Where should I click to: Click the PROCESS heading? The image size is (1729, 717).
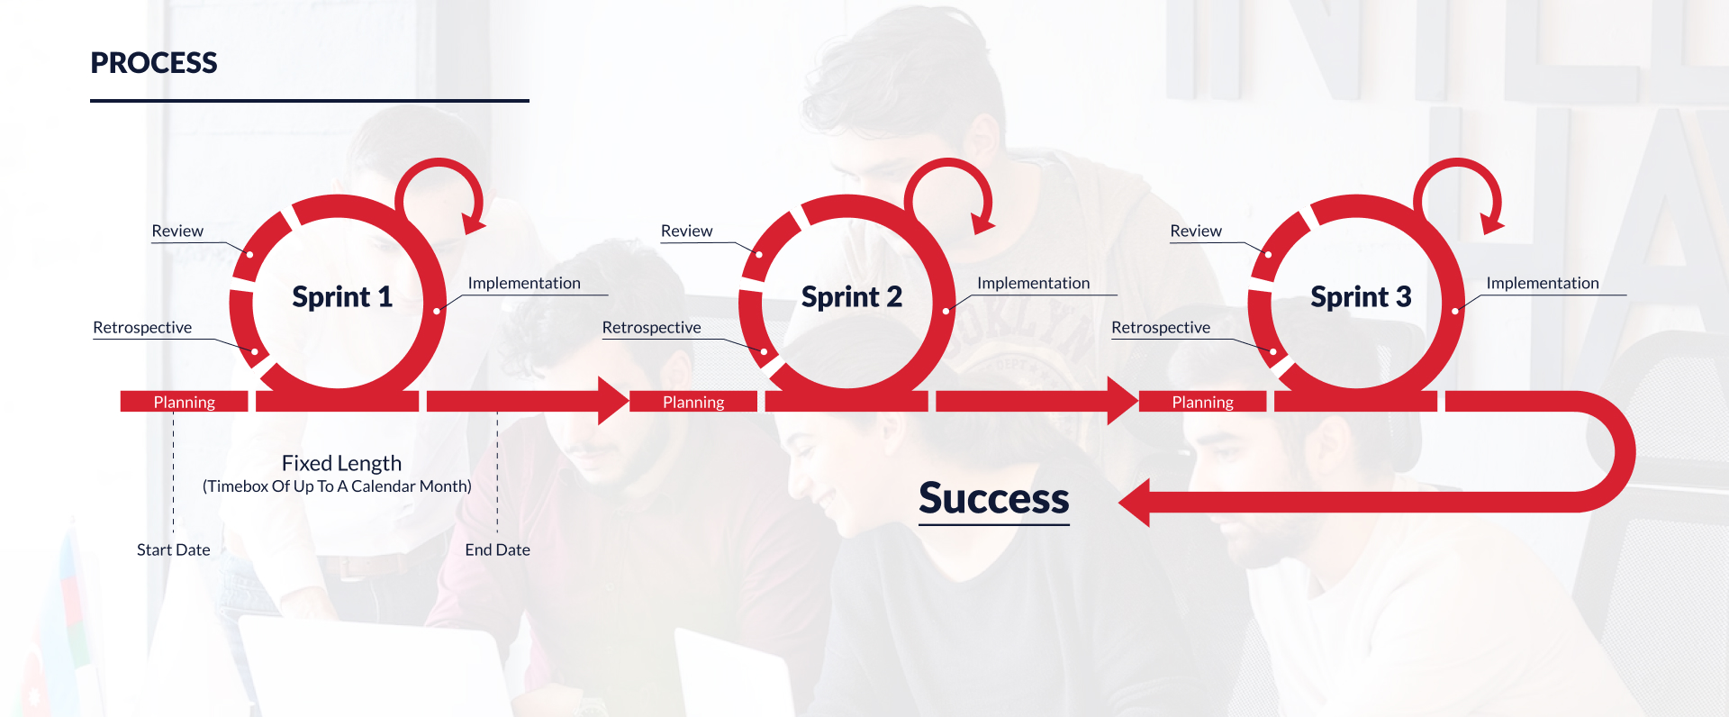(x=154, y=63)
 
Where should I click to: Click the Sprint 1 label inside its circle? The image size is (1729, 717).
(x=342, y=297)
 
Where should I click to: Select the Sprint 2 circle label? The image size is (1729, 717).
(x=851, y=297)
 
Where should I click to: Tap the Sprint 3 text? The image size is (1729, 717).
(x=1361, y=297)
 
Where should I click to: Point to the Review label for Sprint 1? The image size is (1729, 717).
(x=177, y=231)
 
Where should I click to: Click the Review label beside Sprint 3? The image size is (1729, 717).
(x=1196, y=231)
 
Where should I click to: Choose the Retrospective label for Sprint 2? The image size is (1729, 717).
(x=651, y=328)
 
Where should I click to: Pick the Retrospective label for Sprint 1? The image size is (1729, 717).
(x=142, y=328)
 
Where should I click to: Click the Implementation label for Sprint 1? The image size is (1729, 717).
(x=524, y=284)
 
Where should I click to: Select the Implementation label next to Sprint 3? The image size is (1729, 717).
(x=1543, y=284)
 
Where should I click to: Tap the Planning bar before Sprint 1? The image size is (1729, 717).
(x=184, y=402)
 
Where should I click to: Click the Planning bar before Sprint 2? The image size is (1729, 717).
(x=693, y=402)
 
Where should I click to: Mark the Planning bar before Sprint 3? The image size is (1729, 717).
(x=1202, y=402)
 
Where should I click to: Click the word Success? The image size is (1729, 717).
(x=993, y=499)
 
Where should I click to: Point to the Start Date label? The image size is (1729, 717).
(x=174, y=550)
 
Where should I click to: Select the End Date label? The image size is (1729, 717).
(x=497, y=550)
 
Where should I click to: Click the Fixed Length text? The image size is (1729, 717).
(x=341, y=464)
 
